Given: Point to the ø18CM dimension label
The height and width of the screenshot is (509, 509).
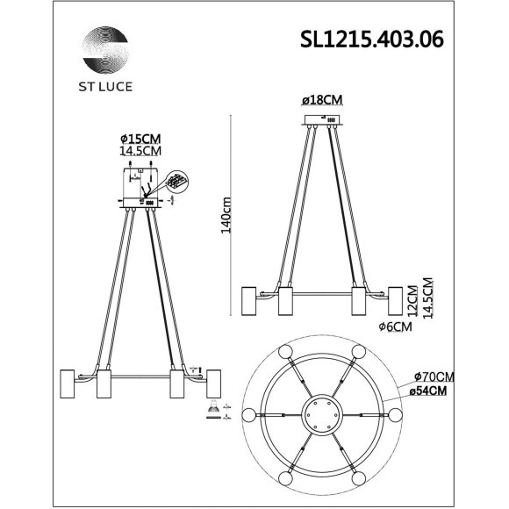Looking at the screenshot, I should coord(321,102).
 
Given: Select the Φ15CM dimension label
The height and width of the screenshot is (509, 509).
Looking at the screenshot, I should coord(140,139).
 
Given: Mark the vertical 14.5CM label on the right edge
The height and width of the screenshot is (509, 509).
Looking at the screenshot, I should coord(427,300).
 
